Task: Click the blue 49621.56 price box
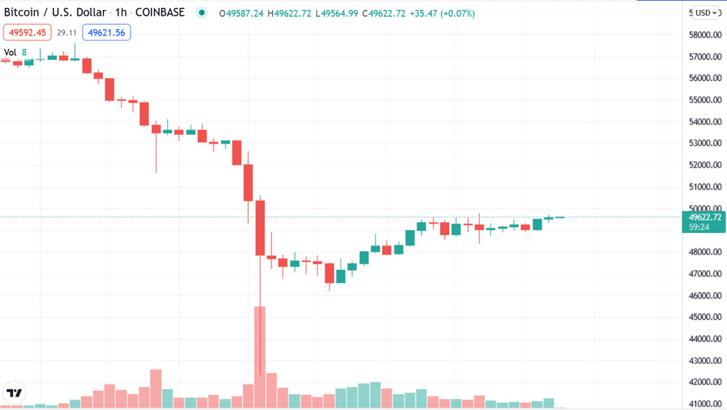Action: click(106, 32)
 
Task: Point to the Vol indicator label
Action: click(11, 52)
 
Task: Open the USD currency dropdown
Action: click(706, 13)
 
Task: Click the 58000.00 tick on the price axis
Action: click(705, 35)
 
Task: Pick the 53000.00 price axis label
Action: click(705, 144)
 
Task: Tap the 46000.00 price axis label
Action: click(705, 296)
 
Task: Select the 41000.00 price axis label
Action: click(705, 404)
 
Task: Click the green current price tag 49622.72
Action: click(705, 217)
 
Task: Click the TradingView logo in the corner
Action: click(15, 392)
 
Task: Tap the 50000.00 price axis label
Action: click(705, 209)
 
